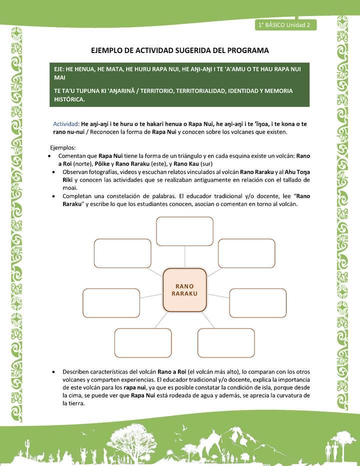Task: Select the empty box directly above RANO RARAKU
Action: [x=184, y=231]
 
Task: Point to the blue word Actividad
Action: [x=66, y=123]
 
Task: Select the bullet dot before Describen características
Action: [x=53, y=372]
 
